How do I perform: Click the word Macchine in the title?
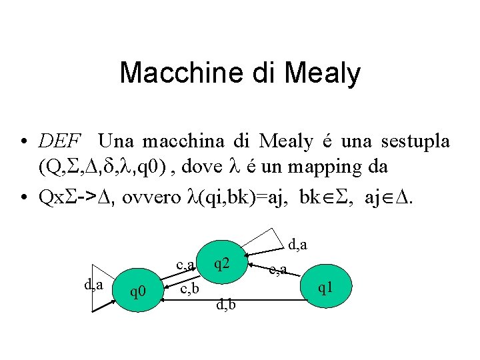176,73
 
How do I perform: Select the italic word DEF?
60,141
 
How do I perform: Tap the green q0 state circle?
138,291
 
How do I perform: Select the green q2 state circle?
223,265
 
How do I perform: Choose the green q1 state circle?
325,287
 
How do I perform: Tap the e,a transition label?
277,269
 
